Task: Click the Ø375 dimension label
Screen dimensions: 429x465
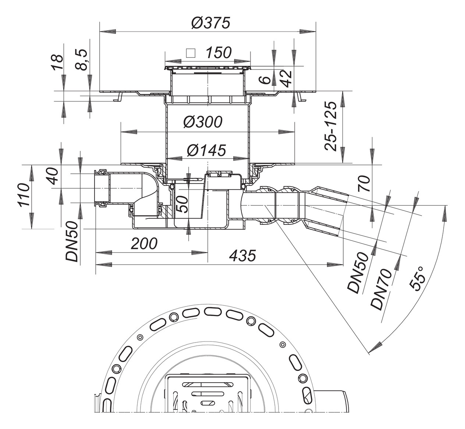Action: [x=210, y=23]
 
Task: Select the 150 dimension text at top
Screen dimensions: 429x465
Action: [x=218, y=53]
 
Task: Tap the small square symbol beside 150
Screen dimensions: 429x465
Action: [x=191, y=53]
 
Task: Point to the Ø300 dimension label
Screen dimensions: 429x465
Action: [x=203, y=122]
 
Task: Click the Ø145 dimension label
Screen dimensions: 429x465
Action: [x=206, y=150]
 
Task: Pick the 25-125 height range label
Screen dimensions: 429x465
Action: [x=331, y=126]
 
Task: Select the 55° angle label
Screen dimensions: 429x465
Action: [x=418, y=279]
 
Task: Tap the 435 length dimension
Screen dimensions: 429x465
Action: [x=242, y=255]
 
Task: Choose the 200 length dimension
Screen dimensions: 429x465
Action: [x=144, y=244]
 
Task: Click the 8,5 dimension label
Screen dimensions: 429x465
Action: [x=82, y=60]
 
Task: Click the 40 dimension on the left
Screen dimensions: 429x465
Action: [x=52, y=176]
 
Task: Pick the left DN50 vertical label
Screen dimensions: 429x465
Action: [x=73, y=241]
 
